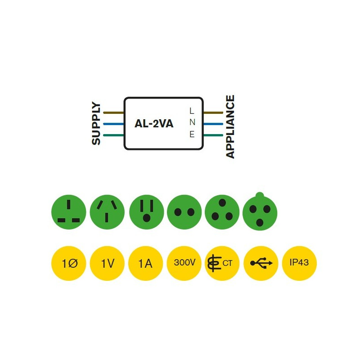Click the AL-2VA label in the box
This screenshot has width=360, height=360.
[x=154, y=124]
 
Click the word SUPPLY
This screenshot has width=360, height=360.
[x=96, y=124]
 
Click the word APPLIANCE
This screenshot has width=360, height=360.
[x=230, y=127]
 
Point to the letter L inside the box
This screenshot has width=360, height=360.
[x=192, y=111]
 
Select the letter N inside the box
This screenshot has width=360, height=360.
[x=192, y=122]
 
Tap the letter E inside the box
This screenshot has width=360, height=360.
[x=192, y=134]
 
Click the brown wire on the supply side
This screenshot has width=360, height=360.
[x=113, y=112]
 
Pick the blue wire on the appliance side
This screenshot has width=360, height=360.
[x=213, y=124]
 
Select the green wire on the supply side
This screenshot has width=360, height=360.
[x=113, y=135]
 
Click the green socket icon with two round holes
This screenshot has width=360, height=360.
[x=184, y=212]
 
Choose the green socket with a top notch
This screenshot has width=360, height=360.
[x=260, y=212]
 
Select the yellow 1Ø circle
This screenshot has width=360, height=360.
[x=69, y=263]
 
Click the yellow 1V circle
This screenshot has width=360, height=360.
[x=107, y=263]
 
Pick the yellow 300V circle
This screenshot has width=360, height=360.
[x=184, y=263]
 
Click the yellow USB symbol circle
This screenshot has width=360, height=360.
[x=261, y=263]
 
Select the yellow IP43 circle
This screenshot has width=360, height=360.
[x=299, y=263]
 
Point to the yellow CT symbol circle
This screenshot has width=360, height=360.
[x=222, y=263]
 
